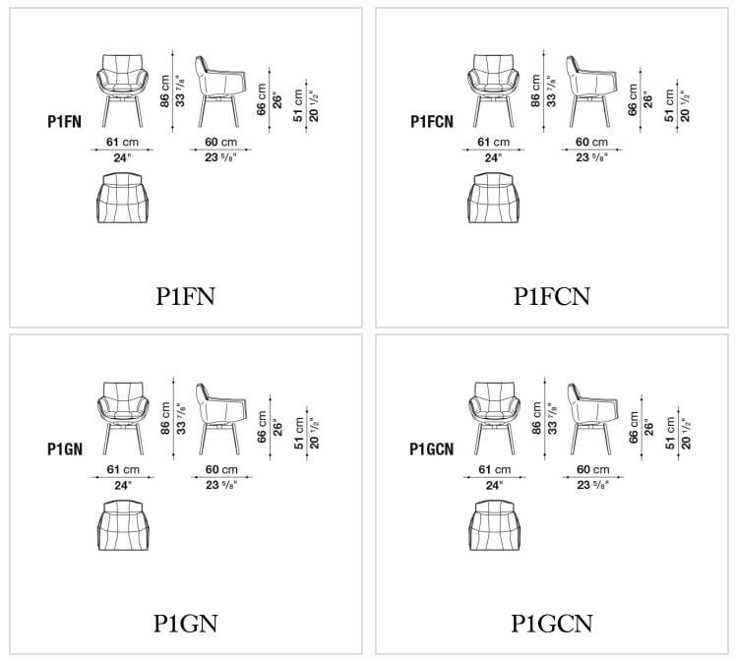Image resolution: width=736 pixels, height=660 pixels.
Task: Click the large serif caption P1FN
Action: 185,295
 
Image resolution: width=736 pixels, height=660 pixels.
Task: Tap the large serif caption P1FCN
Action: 551,295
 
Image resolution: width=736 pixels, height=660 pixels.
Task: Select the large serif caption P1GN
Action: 185,623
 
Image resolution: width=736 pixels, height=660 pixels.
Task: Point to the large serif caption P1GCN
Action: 551,623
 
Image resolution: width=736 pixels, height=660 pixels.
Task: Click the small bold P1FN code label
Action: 64,122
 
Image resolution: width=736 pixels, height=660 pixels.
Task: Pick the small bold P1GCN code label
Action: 431,449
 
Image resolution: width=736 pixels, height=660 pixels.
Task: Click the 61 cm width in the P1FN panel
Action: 122,142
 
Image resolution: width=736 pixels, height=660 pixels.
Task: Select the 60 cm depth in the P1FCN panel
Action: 588,142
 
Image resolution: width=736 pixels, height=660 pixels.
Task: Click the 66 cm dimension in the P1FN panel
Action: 262,102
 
